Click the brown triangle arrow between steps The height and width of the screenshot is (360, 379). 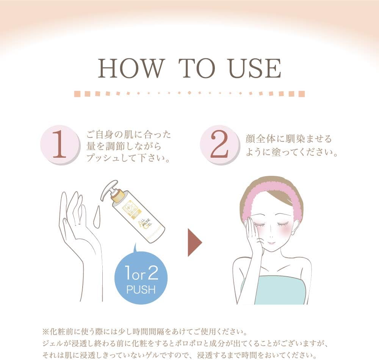point(194,242)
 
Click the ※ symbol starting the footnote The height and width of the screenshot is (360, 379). point(44,332)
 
